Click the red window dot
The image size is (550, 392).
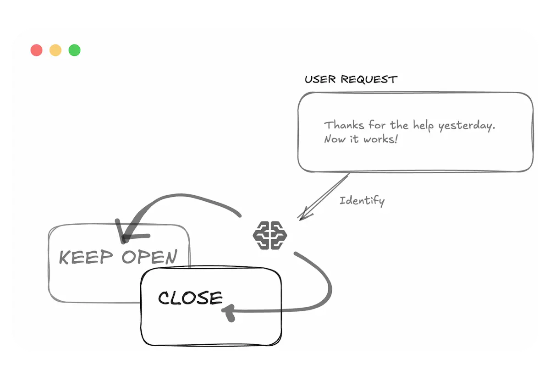[37, 50]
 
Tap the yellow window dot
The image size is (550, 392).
[55, 50]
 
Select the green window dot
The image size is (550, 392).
[74, 50]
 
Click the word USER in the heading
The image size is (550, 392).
[320, 79]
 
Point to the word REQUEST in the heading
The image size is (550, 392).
[369, 79]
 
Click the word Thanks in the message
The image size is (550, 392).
[344, 125]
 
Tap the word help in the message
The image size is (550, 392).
[423, 125]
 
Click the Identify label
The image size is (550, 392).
[362, 200]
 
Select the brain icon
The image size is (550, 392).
[270, 235]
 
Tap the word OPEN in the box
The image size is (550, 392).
[149, 257]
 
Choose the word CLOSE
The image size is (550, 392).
[190, 298]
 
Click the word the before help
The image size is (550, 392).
[399, 125]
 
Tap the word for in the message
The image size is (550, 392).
[377, 125]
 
